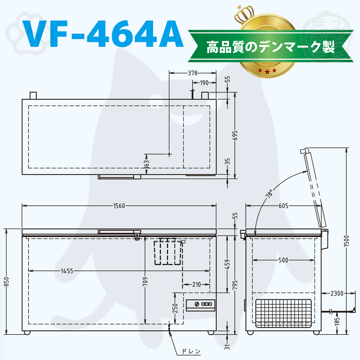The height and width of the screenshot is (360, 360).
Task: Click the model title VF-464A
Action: pos(103,34)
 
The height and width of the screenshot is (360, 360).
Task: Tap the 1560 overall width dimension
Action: pos(119,206)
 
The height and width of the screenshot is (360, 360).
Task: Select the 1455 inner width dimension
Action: pos(67,271)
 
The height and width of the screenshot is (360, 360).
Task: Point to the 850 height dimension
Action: pos(6,281)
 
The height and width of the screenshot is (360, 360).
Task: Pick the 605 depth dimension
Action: pos(283,206)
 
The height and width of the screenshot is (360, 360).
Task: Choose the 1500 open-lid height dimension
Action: pos(346,241)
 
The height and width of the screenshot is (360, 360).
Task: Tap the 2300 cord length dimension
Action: pos(337,293)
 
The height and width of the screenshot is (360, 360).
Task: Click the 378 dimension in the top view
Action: pos(192,73)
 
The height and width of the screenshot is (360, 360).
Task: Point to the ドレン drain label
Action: pos(191,351)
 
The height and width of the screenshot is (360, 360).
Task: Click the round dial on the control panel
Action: pos(197,304)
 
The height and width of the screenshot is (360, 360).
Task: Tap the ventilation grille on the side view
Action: pos(283,313)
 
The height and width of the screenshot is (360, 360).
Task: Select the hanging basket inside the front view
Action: pos(168,251)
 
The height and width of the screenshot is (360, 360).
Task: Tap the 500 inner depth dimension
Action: pos(283,260)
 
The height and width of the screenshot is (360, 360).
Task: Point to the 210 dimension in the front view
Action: pos(196,284)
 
